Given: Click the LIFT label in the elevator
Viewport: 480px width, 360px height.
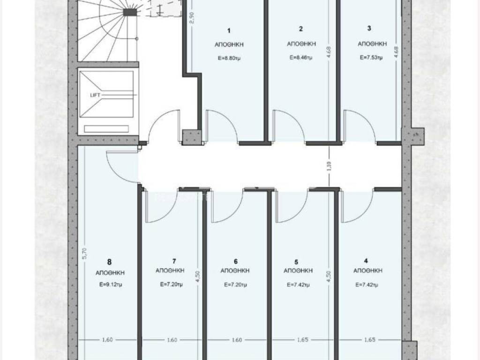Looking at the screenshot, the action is point(95,95).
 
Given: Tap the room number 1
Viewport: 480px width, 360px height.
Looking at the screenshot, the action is point(229,30).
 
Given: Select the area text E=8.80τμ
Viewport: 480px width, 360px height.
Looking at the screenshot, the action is point(229,58).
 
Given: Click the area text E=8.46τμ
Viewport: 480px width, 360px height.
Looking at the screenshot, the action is point(301,57).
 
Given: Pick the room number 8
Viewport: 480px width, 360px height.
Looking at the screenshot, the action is point(109,262).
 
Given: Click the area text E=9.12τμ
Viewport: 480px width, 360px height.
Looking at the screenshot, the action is point(111,285).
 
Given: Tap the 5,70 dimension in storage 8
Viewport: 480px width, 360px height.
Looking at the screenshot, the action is point(85,253).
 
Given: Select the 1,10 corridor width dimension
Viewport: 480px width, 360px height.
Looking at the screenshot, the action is point(329,166).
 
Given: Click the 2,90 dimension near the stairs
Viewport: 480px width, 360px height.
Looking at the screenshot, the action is point(192,17).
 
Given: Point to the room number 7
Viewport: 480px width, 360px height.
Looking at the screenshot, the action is point(174,261).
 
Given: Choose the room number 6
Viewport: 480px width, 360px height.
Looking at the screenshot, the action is point(235,262).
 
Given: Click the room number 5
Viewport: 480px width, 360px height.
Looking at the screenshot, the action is point(296,262).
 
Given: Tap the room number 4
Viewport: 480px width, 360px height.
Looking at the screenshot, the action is point(366,261).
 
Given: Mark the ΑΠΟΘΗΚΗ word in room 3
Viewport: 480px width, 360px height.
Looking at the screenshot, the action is point(372,44).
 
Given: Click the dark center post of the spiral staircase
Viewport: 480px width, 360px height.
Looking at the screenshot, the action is point(130,12).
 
